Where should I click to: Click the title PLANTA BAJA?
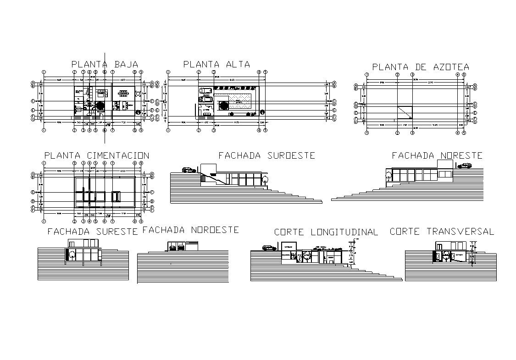coord(105,64)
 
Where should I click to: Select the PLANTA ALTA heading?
coord(216,64)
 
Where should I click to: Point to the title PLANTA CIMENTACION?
coord(96,156)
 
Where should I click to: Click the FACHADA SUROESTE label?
coord(266,155)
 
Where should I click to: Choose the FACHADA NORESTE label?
coord(437,156)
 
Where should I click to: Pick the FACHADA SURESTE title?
coord(93,232)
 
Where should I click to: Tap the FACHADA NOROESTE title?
coord(190,230)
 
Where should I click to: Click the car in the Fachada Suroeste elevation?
coord(189,170)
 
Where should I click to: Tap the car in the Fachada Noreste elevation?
coord(466,166)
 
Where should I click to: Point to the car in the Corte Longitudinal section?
coord(269,248)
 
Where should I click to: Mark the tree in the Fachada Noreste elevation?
coord(388,174)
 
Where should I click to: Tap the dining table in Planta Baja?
coord(123,93)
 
